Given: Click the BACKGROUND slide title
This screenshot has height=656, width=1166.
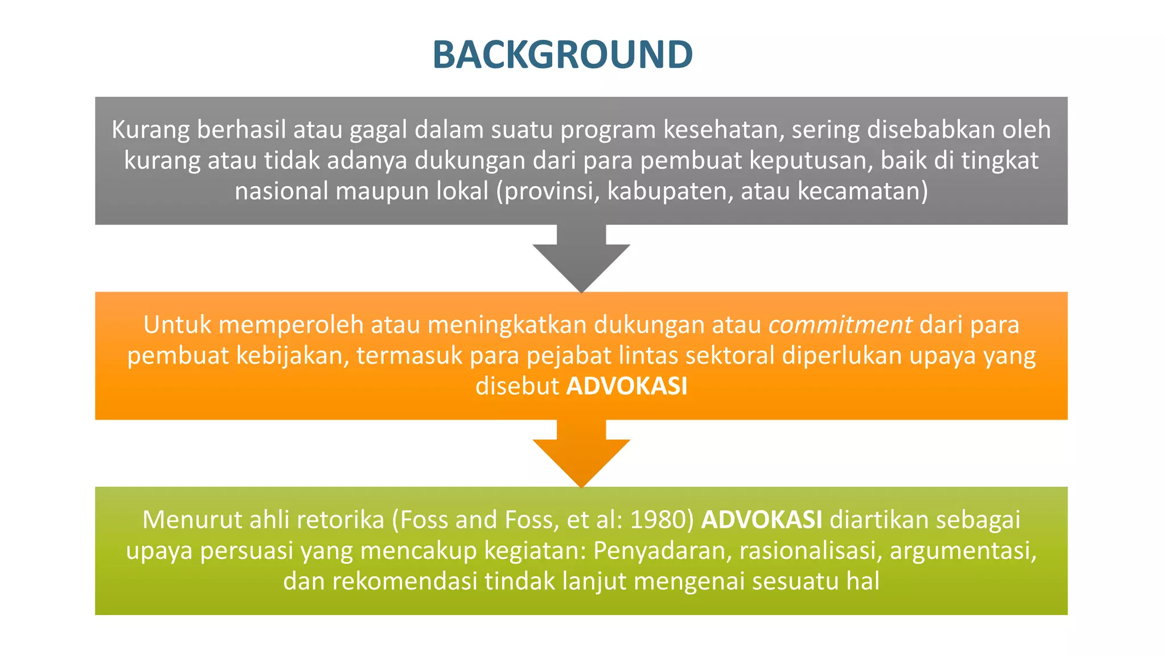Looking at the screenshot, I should point(563,55).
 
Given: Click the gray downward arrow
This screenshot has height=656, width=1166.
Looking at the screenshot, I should point(581,256).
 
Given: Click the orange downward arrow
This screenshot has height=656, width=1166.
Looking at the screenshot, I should point(581,452).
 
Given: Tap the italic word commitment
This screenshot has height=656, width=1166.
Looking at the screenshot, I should point(840,325).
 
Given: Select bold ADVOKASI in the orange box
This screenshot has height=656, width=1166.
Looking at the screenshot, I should point(627,386).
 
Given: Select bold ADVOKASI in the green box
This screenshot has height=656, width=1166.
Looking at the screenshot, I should point(762,520).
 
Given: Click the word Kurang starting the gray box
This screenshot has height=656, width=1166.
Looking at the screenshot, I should point(150,130).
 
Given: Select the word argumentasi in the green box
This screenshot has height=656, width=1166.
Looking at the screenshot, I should point(962,551).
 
